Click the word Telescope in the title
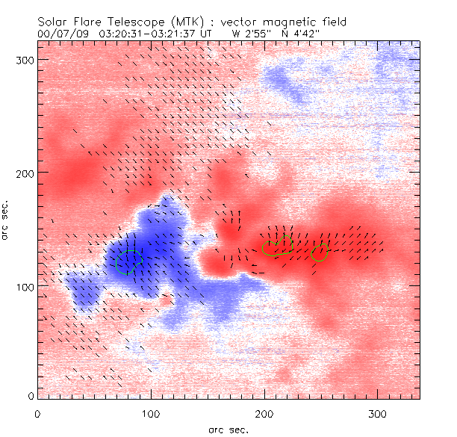tap(129, 23)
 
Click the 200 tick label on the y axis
tap(22, 173)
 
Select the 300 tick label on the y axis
tap(22, 59)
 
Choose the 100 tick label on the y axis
tap(22, 286)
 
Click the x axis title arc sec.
tap(228, 429)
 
